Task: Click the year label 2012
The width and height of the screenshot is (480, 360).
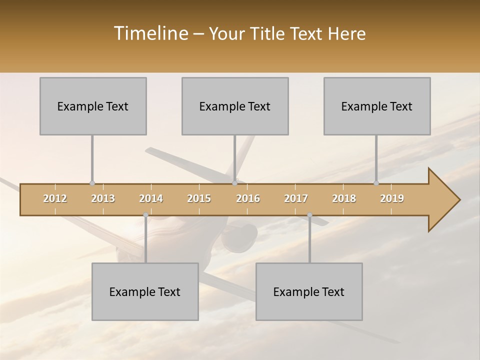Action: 55,198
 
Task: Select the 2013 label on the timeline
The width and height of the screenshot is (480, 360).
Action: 103,198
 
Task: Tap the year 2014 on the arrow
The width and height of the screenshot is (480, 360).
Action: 151,198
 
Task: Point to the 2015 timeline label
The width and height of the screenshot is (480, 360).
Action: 199,198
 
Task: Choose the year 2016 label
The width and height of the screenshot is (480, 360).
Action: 248,198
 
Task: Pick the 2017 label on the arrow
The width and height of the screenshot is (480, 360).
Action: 296,198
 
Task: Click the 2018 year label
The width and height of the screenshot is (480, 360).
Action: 344,198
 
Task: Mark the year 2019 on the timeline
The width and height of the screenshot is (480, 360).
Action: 392,198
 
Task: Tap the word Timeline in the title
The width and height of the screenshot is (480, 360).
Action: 149,33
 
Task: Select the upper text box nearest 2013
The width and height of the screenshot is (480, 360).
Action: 93,106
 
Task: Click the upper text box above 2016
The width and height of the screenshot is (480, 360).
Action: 235,106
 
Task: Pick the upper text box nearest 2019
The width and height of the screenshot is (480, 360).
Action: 377,106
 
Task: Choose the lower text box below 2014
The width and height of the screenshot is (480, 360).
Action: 145,291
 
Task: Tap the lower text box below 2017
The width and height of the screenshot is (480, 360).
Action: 309,291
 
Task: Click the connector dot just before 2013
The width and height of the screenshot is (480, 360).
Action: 92,183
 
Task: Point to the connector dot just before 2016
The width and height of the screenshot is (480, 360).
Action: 235,183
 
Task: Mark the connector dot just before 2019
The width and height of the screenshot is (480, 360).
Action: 376,183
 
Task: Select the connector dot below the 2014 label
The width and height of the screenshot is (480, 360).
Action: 145,215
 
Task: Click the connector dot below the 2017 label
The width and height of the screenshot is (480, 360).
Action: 309,215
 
